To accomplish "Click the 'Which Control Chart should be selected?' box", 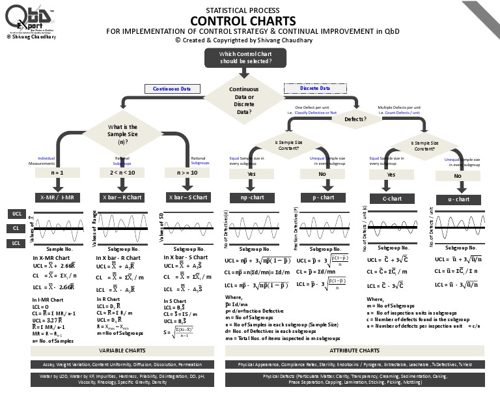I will coord(246,57).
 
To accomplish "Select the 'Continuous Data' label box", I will coord(172,89).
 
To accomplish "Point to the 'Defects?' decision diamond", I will coord(355,119).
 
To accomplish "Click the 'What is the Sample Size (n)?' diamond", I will coord(122,134).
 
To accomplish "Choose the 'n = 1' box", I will coord(57,173).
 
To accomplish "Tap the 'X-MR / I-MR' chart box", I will coord(57,197).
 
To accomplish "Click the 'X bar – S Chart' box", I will coord(187,197).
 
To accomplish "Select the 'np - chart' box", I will coord(251,197).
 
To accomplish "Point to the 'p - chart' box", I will coord(323,197).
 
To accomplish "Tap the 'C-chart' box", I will coord(391,199).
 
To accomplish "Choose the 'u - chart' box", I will coord(458,199).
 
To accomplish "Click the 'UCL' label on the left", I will coord(17,214).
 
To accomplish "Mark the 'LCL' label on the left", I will coord(17,243).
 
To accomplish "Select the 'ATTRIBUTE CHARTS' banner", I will coord(355,350).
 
